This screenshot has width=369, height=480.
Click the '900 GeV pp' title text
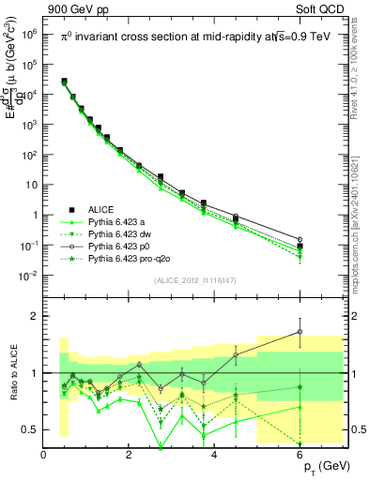73,8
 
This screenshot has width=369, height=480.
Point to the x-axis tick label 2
130,454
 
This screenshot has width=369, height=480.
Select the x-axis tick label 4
215,454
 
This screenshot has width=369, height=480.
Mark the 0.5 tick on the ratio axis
30,429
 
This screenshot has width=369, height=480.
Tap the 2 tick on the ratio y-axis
35,316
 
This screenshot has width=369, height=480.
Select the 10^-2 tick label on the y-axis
28,276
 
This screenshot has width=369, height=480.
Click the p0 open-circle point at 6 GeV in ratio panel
300,331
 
